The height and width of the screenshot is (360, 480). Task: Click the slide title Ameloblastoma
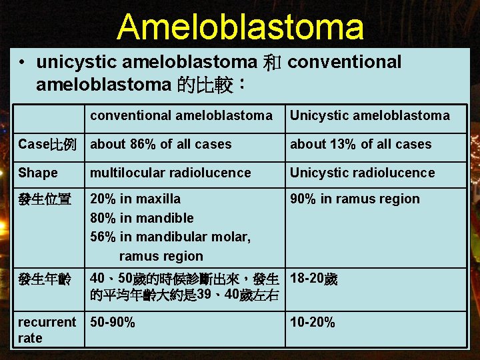pos(240,27)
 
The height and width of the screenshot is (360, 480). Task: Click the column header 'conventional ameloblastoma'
pos(181,115)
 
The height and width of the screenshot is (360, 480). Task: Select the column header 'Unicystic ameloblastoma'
pos(369,115)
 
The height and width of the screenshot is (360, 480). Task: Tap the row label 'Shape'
pos(38,173)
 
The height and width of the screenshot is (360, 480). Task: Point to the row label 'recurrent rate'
pos(47,330)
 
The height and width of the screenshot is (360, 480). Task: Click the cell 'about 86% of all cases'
pos(161,144)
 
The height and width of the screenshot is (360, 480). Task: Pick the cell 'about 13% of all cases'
pos(360,144)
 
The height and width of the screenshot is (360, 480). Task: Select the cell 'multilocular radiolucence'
pos(171,173)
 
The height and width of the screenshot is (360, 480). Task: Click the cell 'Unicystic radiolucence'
pos(362,173)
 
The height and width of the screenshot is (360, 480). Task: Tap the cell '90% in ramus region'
pos(355,199)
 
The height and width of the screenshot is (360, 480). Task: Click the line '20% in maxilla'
pos(135,199)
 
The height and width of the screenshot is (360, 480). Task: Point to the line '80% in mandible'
pos(142,218)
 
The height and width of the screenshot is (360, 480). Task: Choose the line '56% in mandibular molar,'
pos(171,237)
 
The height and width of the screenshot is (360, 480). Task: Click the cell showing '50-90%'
pos(113,322)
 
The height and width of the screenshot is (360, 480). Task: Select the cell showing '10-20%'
pos(312,322)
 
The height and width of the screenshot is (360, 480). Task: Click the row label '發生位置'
pos(45,199)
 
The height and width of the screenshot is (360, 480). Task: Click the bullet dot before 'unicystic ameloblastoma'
pos(23,63)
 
